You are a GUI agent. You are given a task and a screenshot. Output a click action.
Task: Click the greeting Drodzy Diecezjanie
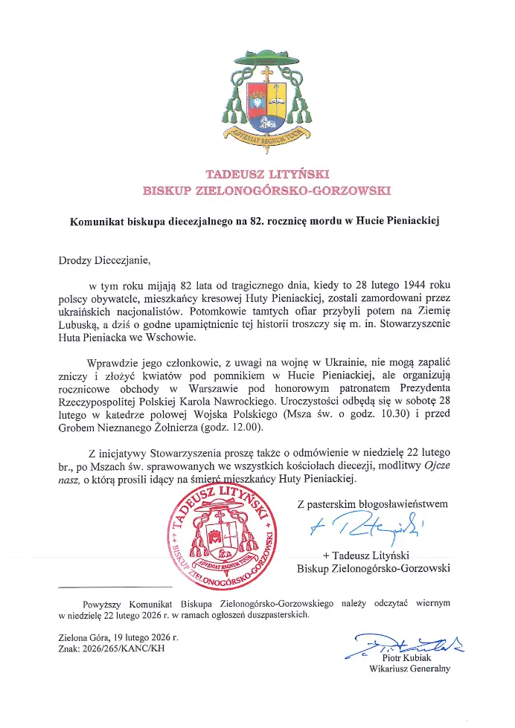pos(104,260)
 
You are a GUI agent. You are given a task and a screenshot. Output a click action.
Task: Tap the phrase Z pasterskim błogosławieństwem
pos(372,503)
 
